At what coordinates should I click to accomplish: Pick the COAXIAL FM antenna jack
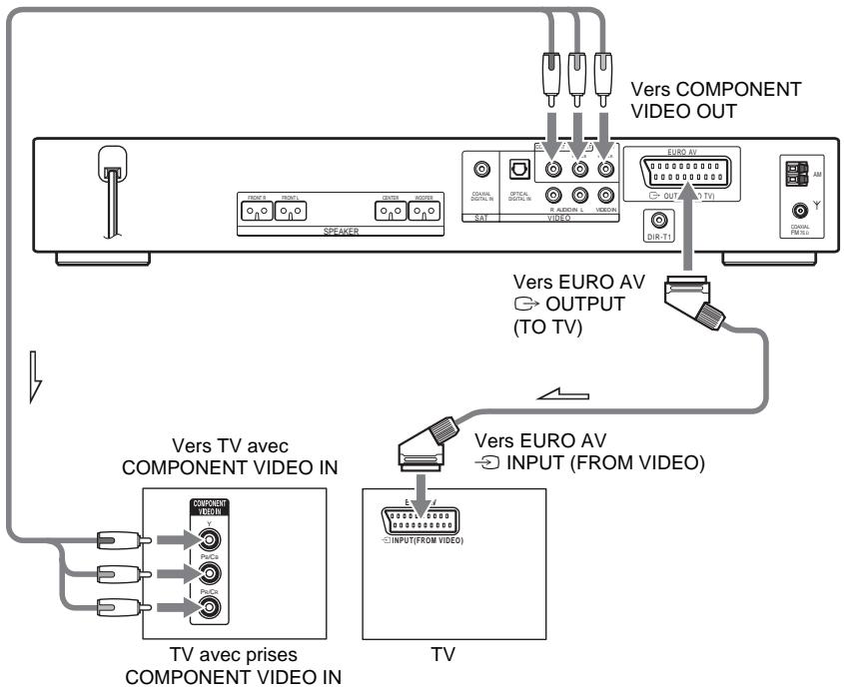click(x=797, y=212)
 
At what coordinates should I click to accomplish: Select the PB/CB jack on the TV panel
click(x=210, y=575)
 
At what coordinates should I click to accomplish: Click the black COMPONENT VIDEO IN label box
click(x=210, y=507)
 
